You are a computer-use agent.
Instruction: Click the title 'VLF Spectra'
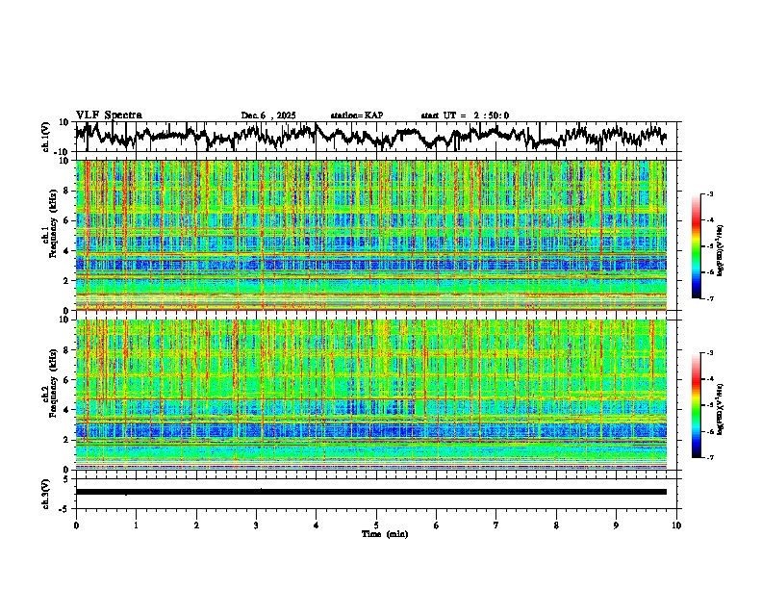click(x=109, y=115)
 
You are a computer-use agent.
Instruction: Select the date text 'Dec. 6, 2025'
click(x=268, y=115)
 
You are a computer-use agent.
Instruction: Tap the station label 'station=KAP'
click(x=357, y=115)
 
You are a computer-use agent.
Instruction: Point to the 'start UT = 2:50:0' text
click(x=465, y=115)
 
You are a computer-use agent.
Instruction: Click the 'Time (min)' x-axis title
click(x=376, y=534)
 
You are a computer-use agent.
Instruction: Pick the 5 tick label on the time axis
click(x=376, y=525)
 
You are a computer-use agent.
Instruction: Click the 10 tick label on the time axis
click(x=676, y=525)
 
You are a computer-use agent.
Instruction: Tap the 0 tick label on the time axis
click(x=76, y=525)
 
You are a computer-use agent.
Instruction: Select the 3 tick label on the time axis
click(x=256, y=525)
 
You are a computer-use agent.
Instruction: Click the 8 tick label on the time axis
click(x=556, y=525)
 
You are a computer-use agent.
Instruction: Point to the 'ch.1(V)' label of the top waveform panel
click(x=46, y=137)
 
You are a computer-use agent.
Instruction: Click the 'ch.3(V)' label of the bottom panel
click(x=46, y=492)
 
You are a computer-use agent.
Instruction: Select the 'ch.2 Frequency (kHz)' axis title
click(x=49, y=393)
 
